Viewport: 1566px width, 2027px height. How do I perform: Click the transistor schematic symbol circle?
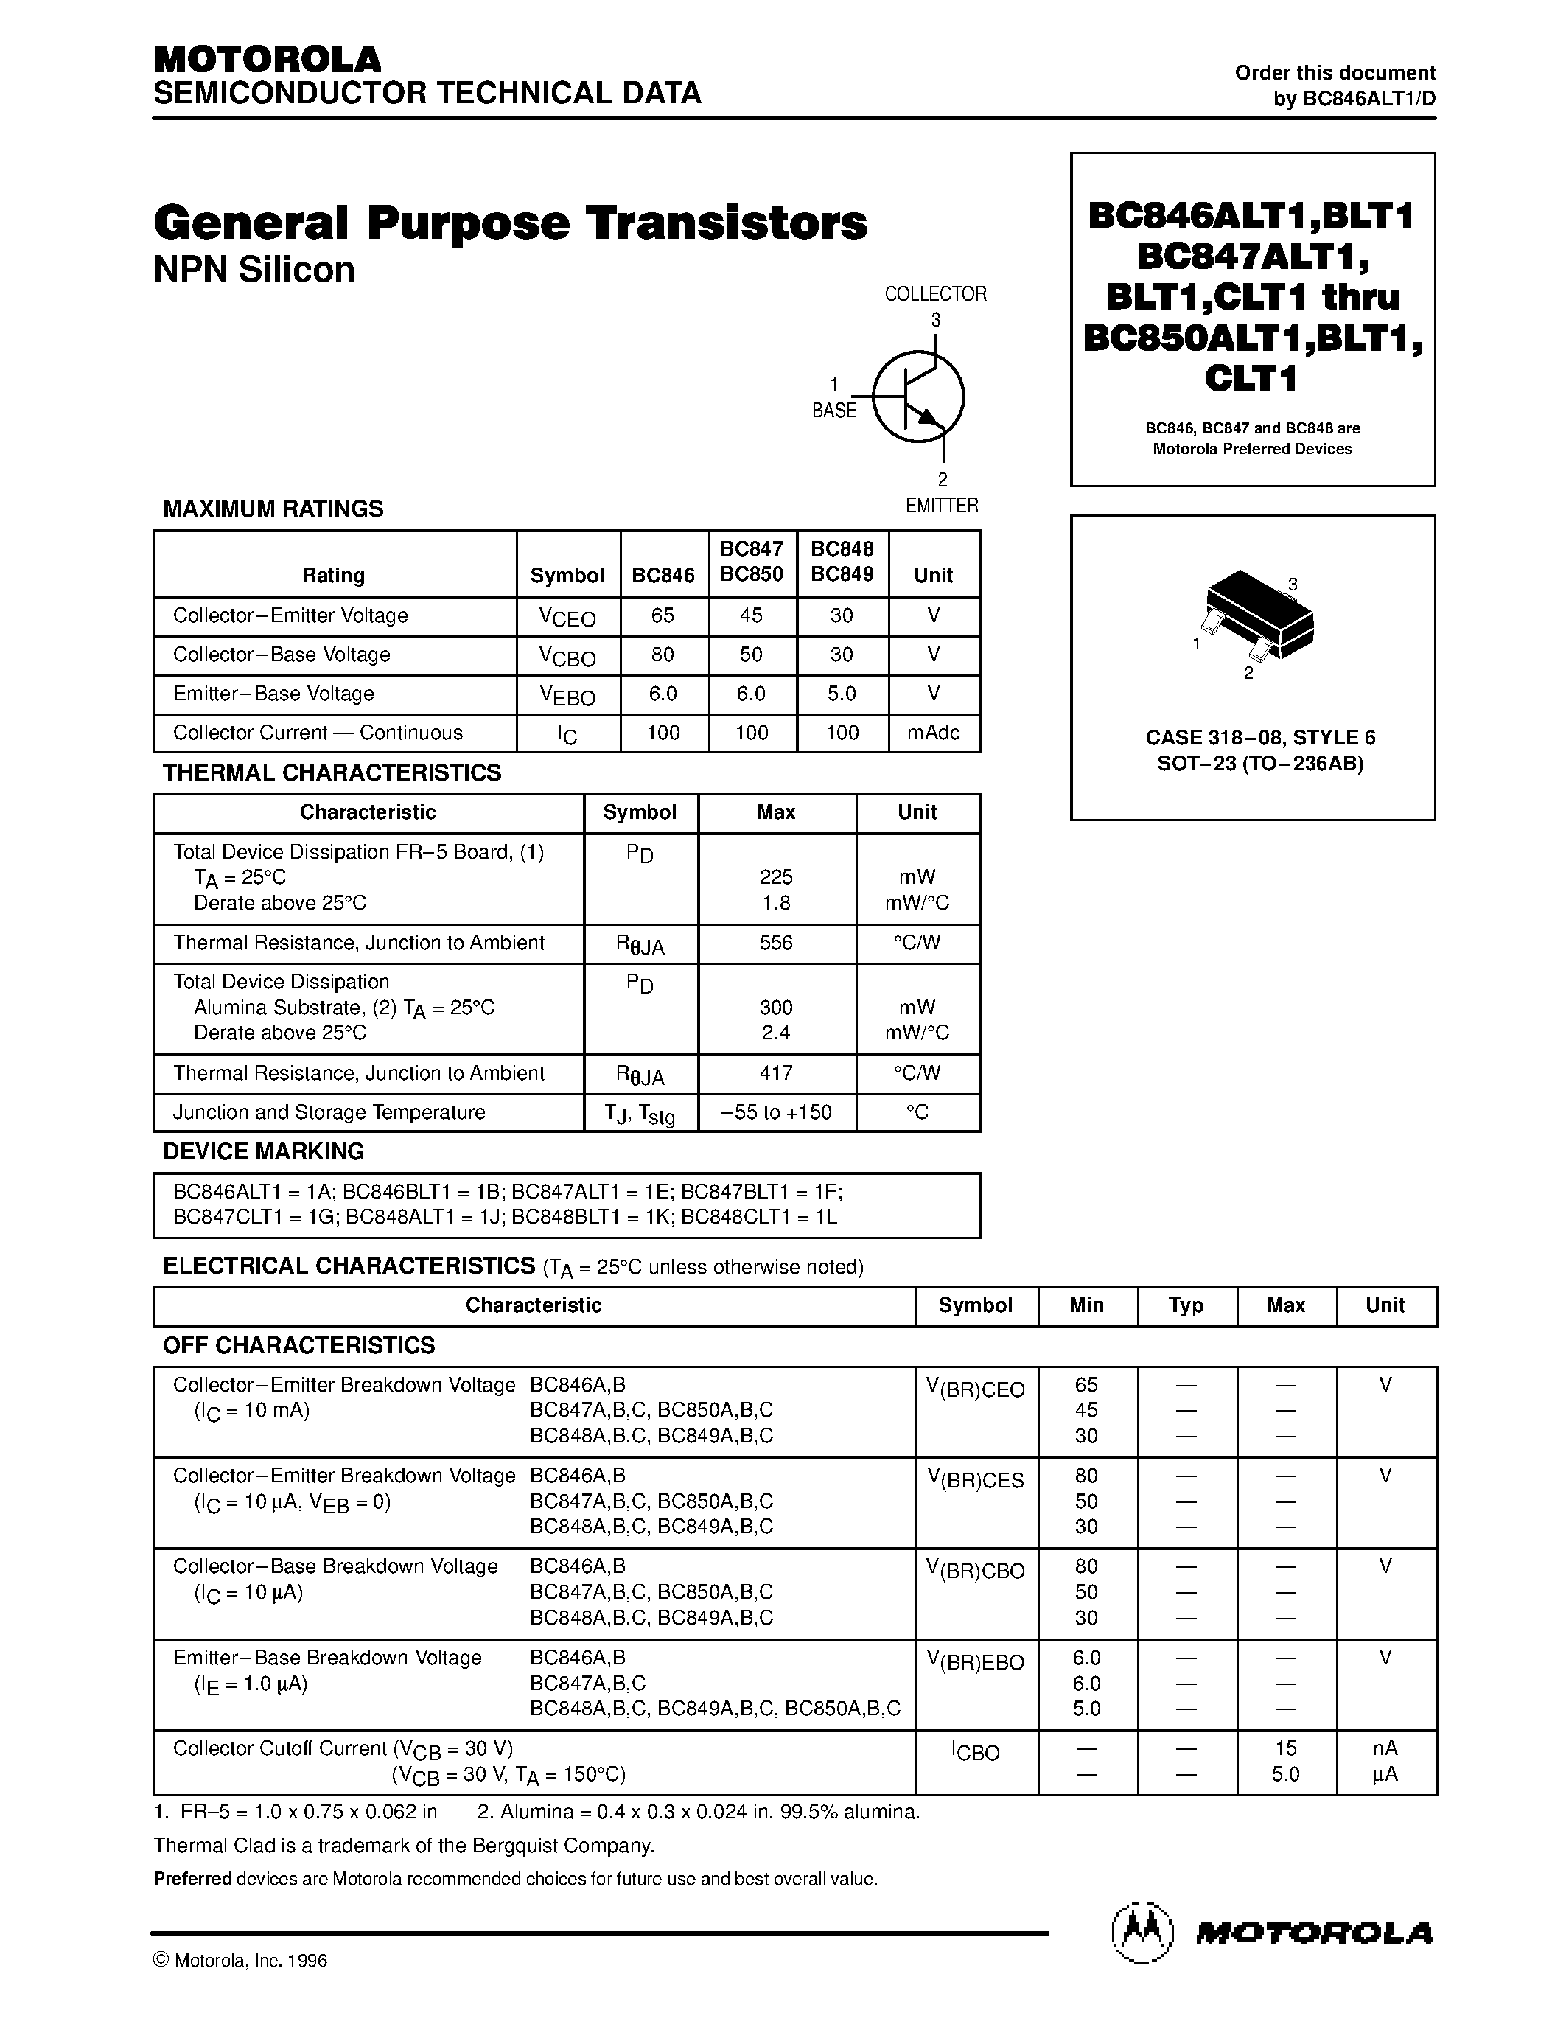click(x=918, y=397)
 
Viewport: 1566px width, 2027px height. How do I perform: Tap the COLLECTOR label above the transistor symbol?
click(x=935, y=294)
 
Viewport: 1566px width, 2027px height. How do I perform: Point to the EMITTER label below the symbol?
click(x=942, y=506)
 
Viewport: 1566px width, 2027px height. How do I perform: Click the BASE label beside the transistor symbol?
click(x=834, y=411)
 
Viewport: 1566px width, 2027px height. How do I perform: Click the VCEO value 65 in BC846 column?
click(x=663, y=615)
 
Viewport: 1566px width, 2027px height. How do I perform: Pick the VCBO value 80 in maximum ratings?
click(x=663, y=655)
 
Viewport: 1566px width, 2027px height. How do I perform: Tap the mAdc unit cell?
click(x=933, y=732)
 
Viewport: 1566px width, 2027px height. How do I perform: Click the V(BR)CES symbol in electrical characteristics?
click(x=975, y=1479)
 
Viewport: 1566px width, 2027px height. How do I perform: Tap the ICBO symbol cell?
click(x=975, y=1752)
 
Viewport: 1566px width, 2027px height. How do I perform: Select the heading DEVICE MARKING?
click(x=264, y=1152)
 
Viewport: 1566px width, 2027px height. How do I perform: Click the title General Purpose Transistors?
click(x=510, y=223)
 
